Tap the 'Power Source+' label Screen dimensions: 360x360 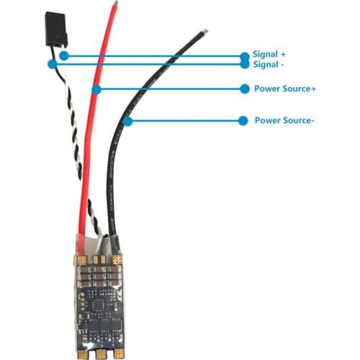coord(285,89)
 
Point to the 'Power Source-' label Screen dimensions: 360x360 coord(284,120)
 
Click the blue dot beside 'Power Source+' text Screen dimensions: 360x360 coord(243,89)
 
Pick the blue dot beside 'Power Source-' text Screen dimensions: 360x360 coord(243,120)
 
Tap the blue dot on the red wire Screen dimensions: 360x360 coord(96,89)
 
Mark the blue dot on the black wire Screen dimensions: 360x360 coord(127,121)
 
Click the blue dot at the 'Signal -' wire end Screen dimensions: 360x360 coord(52,64)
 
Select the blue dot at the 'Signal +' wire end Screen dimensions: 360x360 coord(64,55)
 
